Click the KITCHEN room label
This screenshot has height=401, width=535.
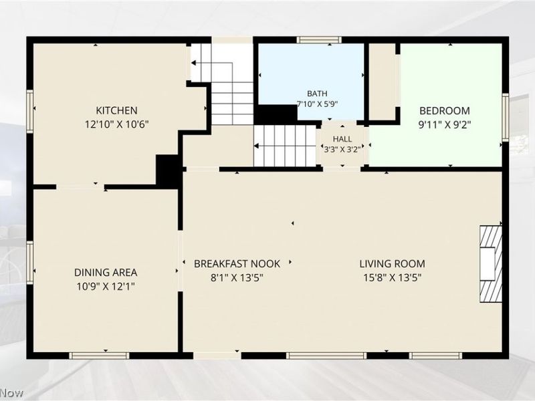coord(116,110)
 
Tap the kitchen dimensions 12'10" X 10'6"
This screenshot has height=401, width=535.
coord(116,124)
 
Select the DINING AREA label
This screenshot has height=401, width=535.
coord(106,273)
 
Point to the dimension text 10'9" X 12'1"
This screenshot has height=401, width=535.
coord(106,286)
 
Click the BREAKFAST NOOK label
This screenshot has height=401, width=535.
coord(237,263)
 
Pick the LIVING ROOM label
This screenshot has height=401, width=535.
coord(393,263)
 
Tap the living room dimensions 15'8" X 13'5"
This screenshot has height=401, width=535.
coord(393,277)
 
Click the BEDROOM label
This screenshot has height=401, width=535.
coord(445,111)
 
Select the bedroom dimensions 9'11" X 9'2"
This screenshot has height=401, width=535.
coord(445,124)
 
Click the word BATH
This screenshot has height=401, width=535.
coord(317,94)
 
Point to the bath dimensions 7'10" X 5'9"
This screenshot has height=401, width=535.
coord(317,104)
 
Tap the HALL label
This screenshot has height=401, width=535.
coord(342,139)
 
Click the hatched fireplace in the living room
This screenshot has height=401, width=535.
coord(491,264)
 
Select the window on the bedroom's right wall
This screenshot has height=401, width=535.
coord(506,117)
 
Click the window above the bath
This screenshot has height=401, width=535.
coord(319,40)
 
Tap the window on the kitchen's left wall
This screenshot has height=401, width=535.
coord(30,112)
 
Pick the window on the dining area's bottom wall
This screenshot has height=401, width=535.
coord(99,356)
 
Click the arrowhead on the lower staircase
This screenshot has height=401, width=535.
coord(256,146)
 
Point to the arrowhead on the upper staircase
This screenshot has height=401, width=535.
coord(193,63)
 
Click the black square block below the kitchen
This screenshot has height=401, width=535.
coord(167,172)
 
